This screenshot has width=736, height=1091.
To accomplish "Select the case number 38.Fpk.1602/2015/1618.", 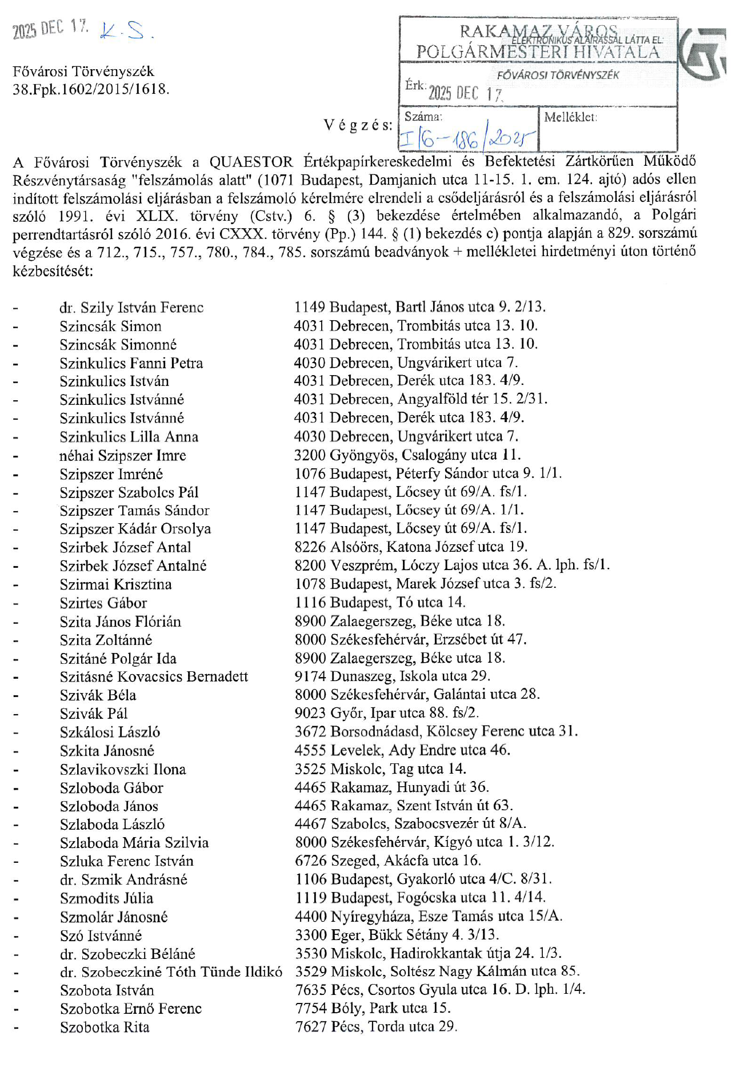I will [91, 89].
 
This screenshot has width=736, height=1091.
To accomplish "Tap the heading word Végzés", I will [358, 125].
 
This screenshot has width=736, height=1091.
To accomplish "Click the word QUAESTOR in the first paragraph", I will [251, 162].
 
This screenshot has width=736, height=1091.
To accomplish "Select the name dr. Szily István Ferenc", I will [131, 308].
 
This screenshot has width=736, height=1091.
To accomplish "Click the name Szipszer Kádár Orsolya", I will [135, 529].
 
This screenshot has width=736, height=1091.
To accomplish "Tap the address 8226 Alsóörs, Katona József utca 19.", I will [411, 547].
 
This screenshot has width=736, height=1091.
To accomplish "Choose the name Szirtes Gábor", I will [103, 603].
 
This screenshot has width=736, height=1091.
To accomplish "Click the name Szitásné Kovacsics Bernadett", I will [154, 676].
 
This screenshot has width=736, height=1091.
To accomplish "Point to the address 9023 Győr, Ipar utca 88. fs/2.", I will [387, 713].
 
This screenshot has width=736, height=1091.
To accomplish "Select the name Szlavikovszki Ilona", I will [123, 769].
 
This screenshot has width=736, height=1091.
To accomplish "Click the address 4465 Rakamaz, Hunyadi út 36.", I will [392, 787].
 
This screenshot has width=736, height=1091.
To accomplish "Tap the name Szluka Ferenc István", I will [126, 861].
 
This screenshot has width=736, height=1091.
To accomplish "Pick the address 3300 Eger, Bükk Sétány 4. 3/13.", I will [397, 935].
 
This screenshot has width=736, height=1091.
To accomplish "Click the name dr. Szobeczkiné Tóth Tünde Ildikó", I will [171, 972].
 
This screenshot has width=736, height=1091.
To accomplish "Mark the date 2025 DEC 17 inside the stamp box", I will [466, 93].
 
